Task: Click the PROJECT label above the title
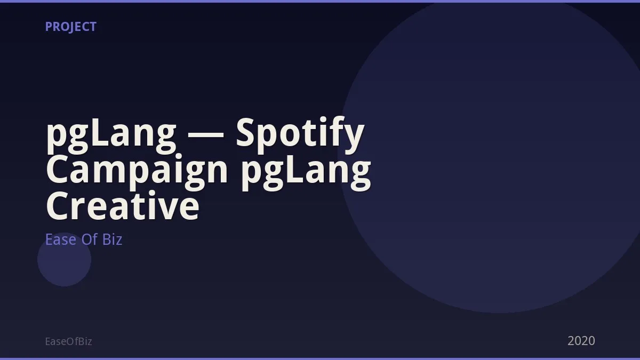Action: pyautogui.click(x=71, y=27)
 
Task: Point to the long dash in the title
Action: pyautogui.click(x=206, y=137)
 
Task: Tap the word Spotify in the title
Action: pyautogui.click(x=300, y=135)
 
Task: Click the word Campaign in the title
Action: pyautogui.click(x=137, y=171)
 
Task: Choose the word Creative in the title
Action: pyautogui.click(x=123, y=205)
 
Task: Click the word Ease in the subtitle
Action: pyautogui.click(x=61, y=239)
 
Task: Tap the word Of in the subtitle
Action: pyautogui.click(x=90, y=239)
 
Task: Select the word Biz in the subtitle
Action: pyautogui.click(x=113, y=239)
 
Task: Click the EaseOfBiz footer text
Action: pyautogui.click(x=69, y=341)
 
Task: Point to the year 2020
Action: pyautogui.click(x=581, y=341)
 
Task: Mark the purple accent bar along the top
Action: pyautogui.click(x=320, y=1)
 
